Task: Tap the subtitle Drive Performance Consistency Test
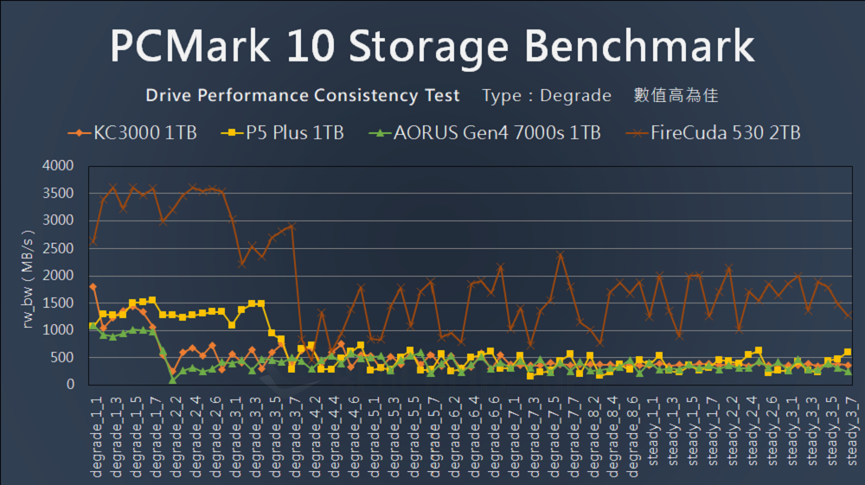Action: pos(303,95)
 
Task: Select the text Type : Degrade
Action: pos(547,95)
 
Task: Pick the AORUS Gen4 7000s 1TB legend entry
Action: pos(484,133)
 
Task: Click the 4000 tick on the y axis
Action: pos(57,165)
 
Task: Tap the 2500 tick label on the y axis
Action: pos(57,247)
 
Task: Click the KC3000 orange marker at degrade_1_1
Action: pos(93,286)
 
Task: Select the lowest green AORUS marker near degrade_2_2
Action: pos(173,379)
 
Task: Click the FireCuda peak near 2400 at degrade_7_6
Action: pos(561,254)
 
